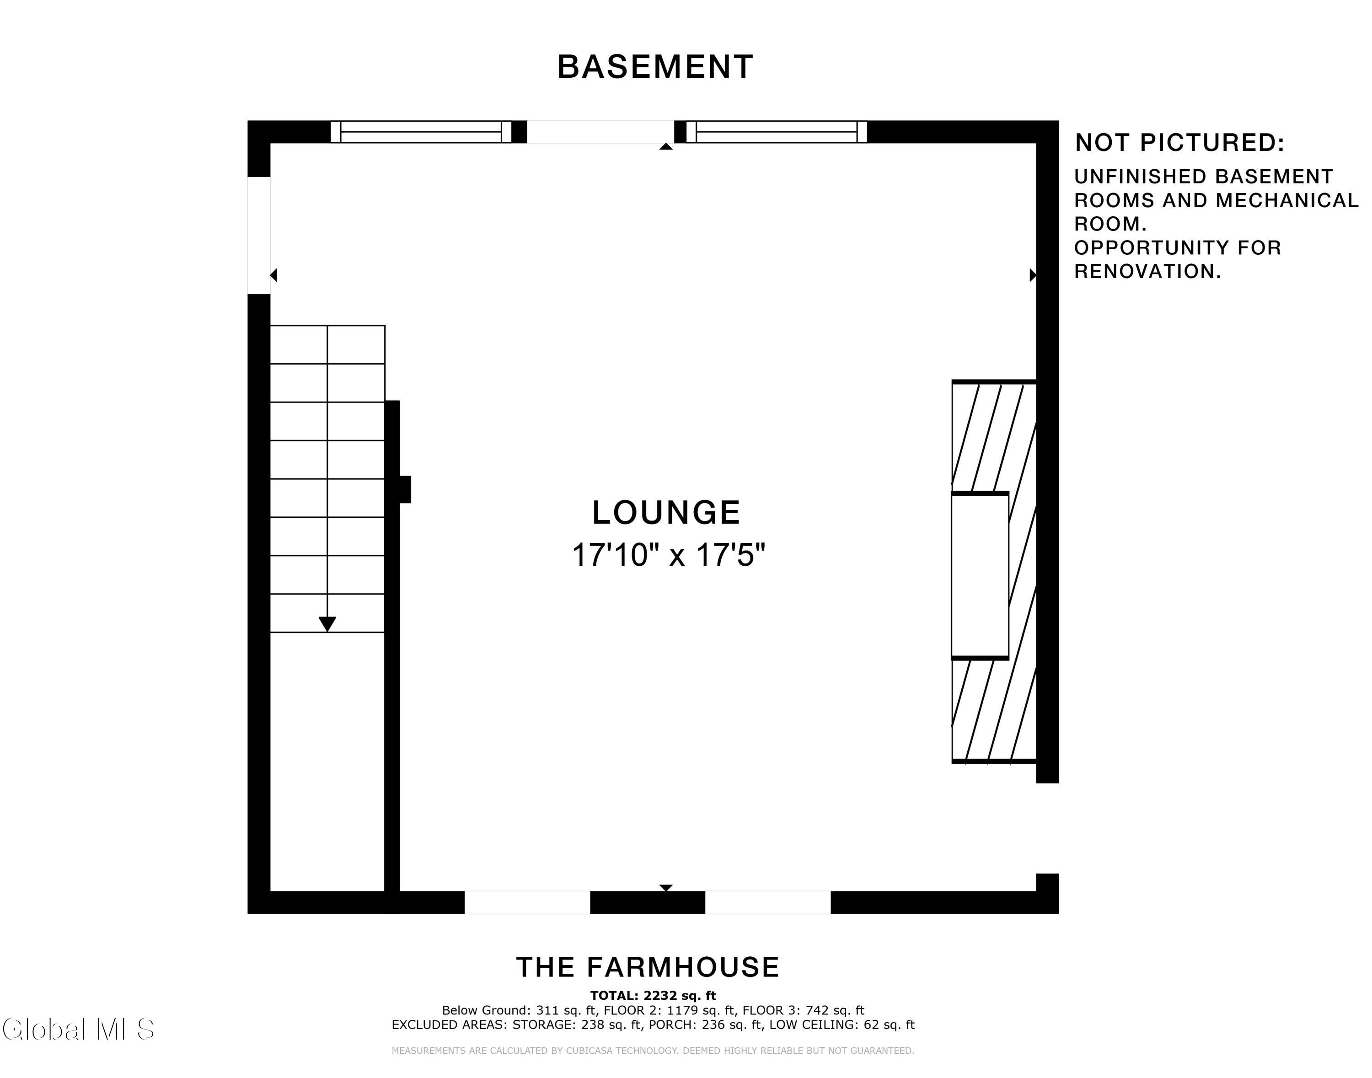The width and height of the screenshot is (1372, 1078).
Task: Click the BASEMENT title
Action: [x=655, y=67]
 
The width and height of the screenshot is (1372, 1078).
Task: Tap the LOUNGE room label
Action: [x=666, y=513]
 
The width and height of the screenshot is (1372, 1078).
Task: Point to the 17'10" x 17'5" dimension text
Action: [x=668, y=555]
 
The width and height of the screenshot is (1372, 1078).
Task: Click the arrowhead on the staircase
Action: [x=327, y=623]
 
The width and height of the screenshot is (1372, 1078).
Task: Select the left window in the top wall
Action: [x=421, y=132]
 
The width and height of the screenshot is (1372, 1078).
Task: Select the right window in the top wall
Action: [x=776, y=132]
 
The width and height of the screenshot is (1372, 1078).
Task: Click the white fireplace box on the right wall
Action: [x=980, y=576]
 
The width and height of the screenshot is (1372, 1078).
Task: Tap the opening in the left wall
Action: [x=259, y=236]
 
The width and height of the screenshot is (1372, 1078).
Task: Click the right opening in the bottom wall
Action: [x=768, y=902]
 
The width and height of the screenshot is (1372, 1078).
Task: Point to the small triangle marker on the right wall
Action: [x=1033, y=275]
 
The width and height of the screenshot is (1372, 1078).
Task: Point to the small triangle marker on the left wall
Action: [x=274, y=275]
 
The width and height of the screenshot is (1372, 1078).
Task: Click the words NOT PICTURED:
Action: [x=1180, y=143]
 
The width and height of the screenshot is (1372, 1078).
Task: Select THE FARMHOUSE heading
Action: [x=648, y=967]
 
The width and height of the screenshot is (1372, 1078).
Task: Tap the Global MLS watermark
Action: [x=78, y=1030]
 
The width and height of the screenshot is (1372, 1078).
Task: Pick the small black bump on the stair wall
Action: [x=405, y=489]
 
